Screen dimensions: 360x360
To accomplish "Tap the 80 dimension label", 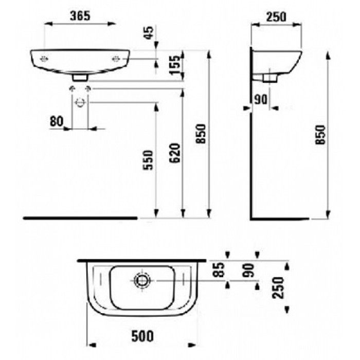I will pyautogui.click(x=57, y=121).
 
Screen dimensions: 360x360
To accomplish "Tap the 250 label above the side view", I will pyautogui.click(x=277, y=16).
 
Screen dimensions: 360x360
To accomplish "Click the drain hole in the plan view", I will pyautogui.click(x=141, y=280).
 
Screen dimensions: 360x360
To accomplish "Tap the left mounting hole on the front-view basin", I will pyautogui.click(x=44, y=58).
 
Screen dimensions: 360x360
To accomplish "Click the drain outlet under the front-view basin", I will pyautogui.click(x=80, y=77).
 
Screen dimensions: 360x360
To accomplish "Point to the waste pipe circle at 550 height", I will pyautogui.click(x=80, y=102).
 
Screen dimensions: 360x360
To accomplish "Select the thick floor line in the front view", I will pyautogui.click(x=80, y=218).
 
